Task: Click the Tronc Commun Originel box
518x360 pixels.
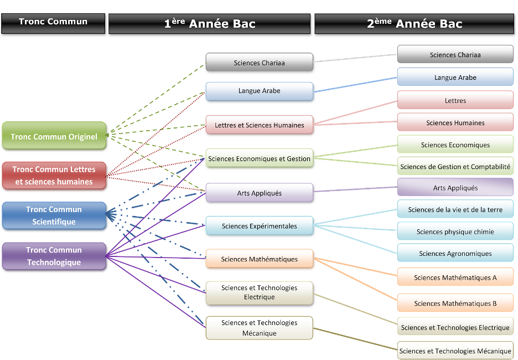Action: pos(54,136)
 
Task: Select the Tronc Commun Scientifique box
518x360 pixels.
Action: pos(54,215)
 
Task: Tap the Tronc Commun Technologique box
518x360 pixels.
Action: pos(54,256)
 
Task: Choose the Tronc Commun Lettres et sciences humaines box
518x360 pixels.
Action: pos(54,175)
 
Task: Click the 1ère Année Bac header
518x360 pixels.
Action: pos(210,24)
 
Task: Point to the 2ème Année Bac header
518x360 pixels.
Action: pos(415,24)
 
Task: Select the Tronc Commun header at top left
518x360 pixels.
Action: pos(53,22)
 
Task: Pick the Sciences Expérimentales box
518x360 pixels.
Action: pos(259,226)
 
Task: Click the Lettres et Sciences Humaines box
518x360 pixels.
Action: pos(259,125)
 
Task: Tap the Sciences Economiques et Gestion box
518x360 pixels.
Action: pos(259,159)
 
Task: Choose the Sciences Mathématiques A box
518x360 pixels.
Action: pos(455,277)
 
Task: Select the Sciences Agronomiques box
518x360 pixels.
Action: pos(455,254)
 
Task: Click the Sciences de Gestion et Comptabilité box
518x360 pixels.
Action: pos(455,167)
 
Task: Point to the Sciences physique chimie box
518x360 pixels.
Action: pos(455,232)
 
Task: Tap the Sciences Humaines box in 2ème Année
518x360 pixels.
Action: pos(455,123)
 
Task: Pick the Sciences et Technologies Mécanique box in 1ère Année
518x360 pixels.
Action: pos(259,328)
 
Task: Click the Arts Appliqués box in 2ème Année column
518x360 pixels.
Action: pos(455,188)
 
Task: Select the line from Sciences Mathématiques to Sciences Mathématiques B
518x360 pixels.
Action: pos(355,280)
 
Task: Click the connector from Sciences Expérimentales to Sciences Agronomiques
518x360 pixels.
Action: pos(355,239)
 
